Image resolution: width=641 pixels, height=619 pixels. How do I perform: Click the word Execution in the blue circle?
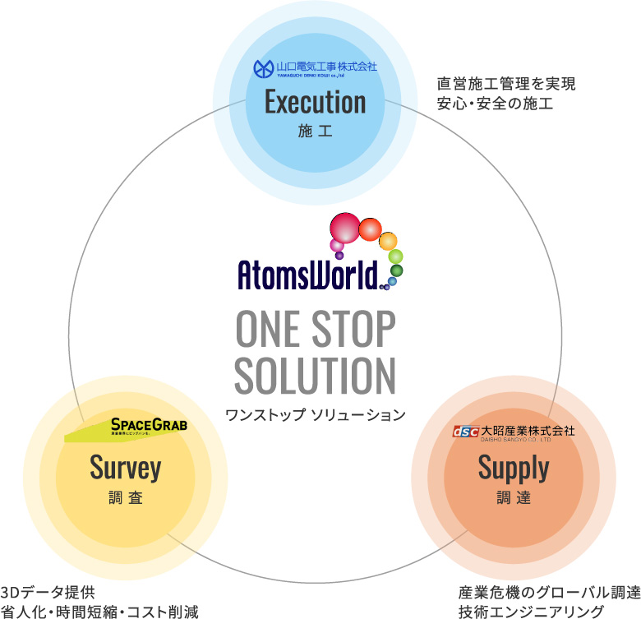point(315,102)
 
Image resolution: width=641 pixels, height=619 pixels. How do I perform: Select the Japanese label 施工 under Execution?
point(315,131)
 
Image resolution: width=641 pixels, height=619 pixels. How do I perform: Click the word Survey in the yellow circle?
point(126,468)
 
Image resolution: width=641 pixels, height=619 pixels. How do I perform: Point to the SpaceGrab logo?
point(149,425)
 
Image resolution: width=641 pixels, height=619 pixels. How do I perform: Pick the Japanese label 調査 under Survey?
point(126,498)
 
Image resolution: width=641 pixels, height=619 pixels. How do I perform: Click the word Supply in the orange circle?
point(513,468)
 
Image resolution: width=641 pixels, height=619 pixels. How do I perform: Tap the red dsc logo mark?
point(465,431)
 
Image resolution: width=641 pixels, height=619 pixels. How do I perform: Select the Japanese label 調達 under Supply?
point(513,498)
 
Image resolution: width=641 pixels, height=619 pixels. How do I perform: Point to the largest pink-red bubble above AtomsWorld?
point(345,227)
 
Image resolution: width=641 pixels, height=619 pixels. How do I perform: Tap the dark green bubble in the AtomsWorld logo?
point(396,270)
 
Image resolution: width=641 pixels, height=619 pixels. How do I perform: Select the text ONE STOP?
point(316,330)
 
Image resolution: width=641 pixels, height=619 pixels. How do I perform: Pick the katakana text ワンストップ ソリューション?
point(316,414)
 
